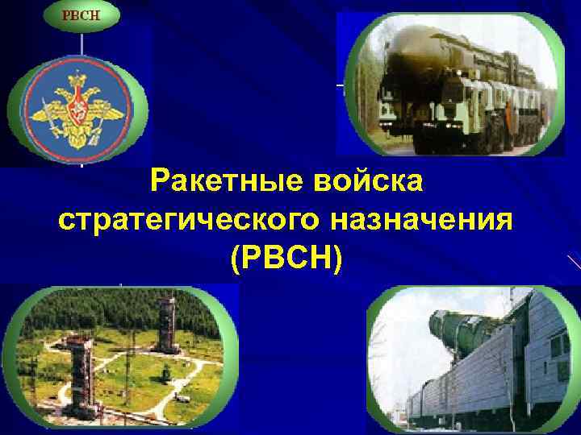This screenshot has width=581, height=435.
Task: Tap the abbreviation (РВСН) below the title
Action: click(286, 258)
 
